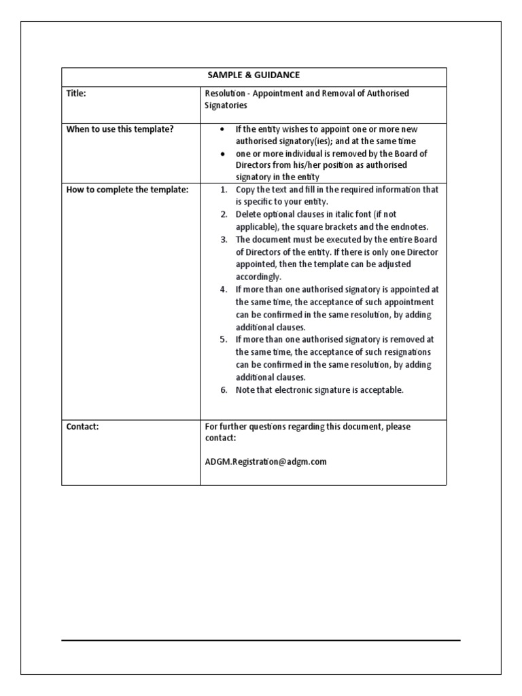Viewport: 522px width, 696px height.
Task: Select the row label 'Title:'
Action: click(77, 94)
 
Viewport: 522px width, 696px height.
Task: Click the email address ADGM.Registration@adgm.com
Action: click(266, 462)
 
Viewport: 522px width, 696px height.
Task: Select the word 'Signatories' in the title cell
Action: click(226, 106)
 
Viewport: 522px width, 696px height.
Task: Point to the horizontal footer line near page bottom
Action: click(260, 640)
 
